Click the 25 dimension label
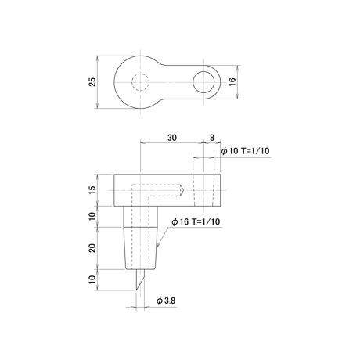[92, 82]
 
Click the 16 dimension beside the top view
[232, 81]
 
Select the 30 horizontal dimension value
[172, 138]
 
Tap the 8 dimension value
[212, 138]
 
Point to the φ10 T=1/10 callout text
[245, 151]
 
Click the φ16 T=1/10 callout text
[196, 221]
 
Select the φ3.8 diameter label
[166, 301]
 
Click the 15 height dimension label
[92, 190]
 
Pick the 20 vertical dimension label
[92, 248]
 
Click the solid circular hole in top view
[203, 71]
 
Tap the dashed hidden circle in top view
[141, 74]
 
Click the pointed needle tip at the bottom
[136, 290]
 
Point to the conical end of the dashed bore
[182, 190]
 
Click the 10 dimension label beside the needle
[92, 279]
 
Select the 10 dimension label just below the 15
[92, 216]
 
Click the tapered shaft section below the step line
[140, 248]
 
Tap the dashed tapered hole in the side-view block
[203, 190]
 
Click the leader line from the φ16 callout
[163, 237]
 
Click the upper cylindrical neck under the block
[140, 217]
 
